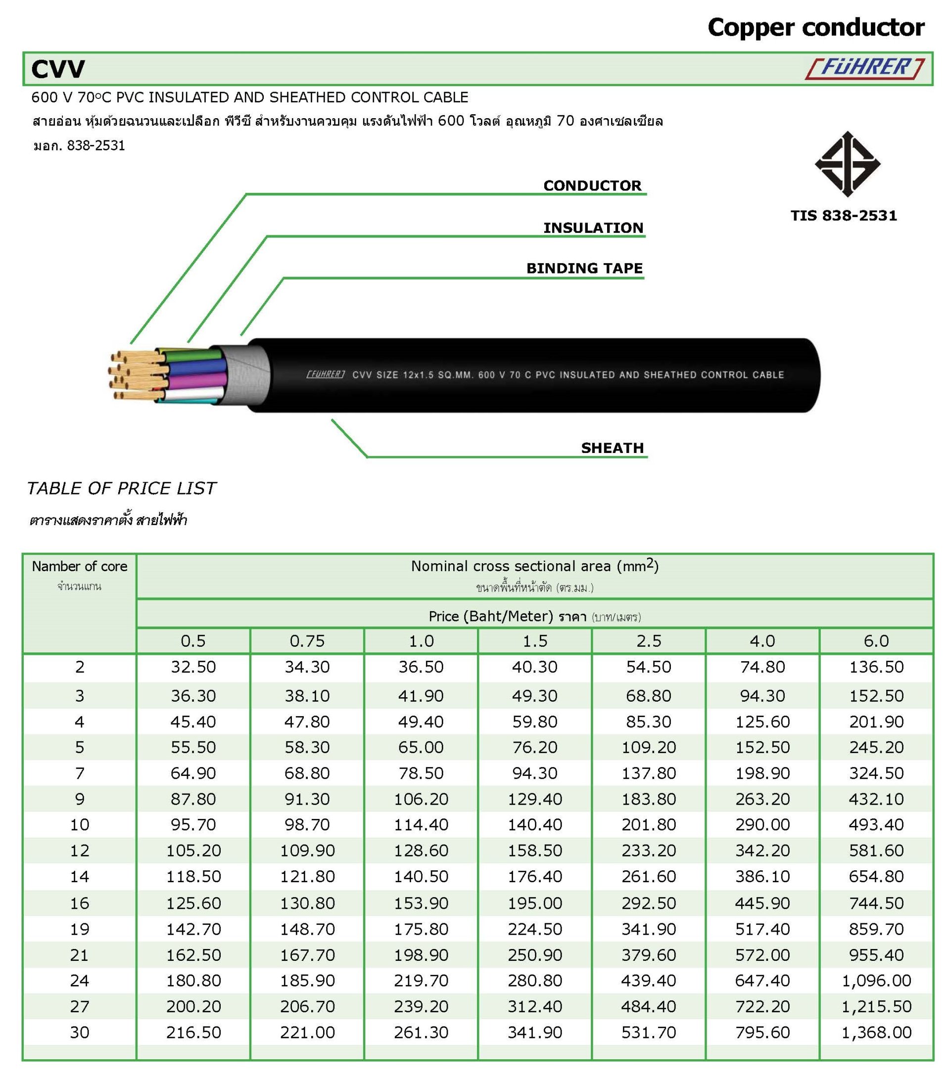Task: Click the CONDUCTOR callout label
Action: pyautogui.click(x=592, y=185)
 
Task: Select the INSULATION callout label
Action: pyautogui.click(x=593, y=228)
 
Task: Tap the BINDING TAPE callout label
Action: pyautogui.click(x=584, y=268)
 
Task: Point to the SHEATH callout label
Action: pyautogui.click(x=613, y=448)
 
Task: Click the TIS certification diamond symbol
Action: pyautogui.click(x=847, y=164)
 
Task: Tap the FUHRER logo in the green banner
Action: pyautogui.click(x=865, y=68)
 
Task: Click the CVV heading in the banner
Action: pyautogui.click(x=58, y=69)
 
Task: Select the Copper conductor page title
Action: pyautogui.click(x=816, y=28)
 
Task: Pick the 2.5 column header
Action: pyautogui.click(x=648, y=641)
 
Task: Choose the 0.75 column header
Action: pyautogui.click(x=307, y=641)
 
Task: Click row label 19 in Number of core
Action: pyautogui.click(x=80, y=929)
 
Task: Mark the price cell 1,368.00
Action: pyautogui.click(x=876, y=1032)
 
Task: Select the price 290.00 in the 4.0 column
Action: pyautogui.click(x=762, y=824)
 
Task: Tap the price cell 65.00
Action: pyautogui.click(x=421, y=747)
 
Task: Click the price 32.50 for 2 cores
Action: pyautogui.click(x=193, y=667)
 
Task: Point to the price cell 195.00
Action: pyautogui.click(x=535, y=903)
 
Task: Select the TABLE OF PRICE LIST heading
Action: pyautogui.click(x=121, y=488)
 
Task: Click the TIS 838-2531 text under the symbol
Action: pyautogui.click(x=844, y=216)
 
